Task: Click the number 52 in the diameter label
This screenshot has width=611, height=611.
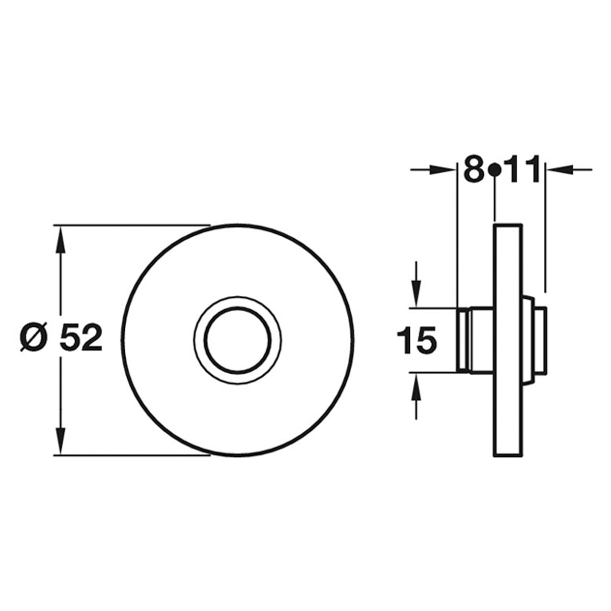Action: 81,337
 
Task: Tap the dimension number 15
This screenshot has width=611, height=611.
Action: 416,341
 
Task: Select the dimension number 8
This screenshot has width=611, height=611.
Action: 474,169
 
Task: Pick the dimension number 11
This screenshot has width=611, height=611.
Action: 524,169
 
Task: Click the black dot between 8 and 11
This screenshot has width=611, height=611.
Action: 495,170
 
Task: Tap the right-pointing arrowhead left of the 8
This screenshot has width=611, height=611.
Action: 443,170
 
